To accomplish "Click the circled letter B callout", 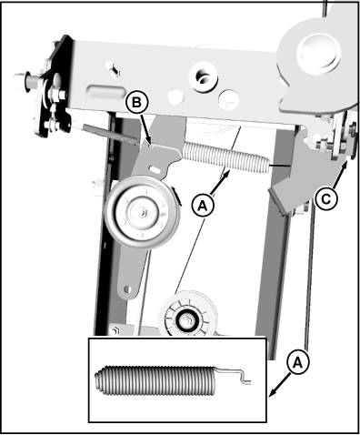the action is pyautogui.click(x=136, y=104).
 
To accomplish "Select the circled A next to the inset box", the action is pyautogui.click(x=296, y=361).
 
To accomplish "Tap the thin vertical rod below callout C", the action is pyautogui.click(x=310, y=273).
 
